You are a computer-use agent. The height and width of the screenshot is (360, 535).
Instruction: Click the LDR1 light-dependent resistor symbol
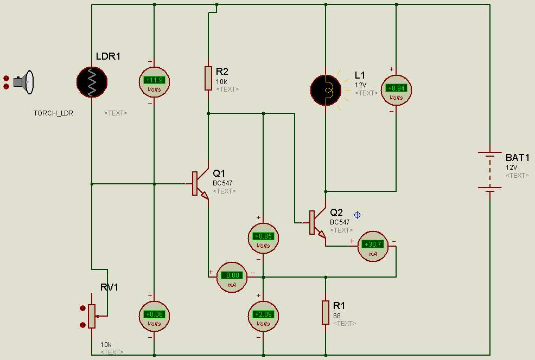(x=92, y=82)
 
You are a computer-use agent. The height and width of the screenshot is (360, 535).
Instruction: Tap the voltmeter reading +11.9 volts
(x=154, y=82)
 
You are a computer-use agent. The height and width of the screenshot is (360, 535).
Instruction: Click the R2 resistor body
(x=208, y=78)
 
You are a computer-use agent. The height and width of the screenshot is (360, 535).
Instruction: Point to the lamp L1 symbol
(x=326, y=89)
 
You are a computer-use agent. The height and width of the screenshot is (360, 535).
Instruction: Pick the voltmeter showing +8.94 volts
(x=396, y=90)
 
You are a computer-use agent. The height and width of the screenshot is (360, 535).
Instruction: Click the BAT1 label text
(x=517, y=158)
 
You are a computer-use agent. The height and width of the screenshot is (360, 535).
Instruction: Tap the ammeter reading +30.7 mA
(x=373, y=247)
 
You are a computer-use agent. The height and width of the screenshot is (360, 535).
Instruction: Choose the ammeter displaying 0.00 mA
(x=233, y=277)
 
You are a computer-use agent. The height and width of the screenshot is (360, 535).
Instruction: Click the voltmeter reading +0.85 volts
(x=263, y=239)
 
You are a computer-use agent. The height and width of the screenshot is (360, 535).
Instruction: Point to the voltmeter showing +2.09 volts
(x=263, y=316)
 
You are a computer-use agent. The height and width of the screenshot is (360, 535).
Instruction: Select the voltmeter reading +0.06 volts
(x=154, y=316)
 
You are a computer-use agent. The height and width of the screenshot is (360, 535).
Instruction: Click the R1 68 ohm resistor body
(x=326, y=312)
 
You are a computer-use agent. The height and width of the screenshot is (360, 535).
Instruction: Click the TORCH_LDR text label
(x=53, y=113)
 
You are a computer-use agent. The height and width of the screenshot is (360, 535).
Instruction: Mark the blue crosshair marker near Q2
(x=357, y=215)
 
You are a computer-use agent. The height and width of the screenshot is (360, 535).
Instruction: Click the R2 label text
(x=222, y=71)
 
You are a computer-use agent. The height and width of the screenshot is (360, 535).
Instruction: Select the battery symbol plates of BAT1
(x=490, y=171)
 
